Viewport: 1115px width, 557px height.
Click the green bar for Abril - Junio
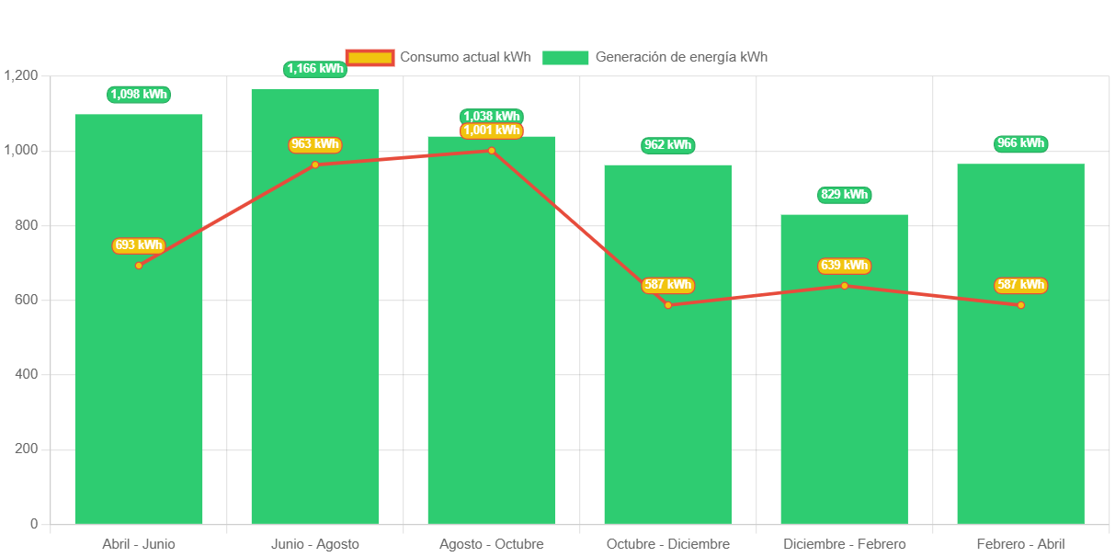point(138,368)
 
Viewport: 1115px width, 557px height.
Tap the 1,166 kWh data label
point(315,69)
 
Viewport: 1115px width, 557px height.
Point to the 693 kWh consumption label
point(139,245)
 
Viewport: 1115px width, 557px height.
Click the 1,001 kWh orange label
point(492,131)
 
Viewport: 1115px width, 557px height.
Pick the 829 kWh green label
point(844,195)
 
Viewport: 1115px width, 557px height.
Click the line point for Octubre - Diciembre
point(668,305)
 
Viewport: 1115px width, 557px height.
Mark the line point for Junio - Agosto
point(315,165)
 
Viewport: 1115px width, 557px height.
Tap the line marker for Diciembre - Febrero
point(844,286)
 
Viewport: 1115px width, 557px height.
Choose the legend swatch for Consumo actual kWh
point(370,57)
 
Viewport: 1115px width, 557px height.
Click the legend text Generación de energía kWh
point(681,57)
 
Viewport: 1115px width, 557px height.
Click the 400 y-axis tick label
point(26,374)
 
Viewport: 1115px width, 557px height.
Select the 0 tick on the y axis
point(34,524)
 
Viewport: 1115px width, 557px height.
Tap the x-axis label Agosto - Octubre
point(492,544)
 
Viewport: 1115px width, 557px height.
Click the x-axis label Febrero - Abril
point(1020,544)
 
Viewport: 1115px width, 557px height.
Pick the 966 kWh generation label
point(1020,143)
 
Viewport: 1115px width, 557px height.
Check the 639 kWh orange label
point(844,266)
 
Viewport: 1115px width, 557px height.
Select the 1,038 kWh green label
point(492,116)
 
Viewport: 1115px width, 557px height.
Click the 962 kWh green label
point(668,145)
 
